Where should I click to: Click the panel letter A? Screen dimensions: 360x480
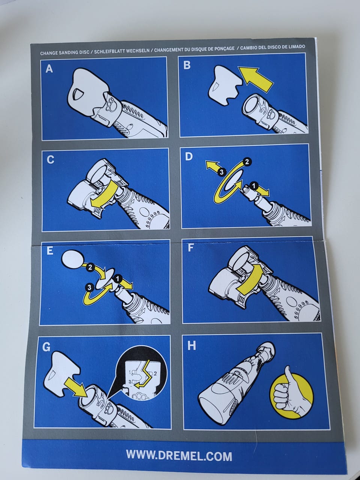[49, 69]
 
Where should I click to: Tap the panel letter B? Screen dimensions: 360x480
[187, 65]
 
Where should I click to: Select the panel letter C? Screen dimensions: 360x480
[50, 160]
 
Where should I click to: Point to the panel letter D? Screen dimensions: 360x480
[189, 157]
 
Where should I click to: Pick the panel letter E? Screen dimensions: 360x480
[50, 251]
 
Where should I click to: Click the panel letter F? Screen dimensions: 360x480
[191, 248]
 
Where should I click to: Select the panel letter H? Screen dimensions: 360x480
[192, 346]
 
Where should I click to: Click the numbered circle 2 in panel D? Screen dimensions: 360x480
[247, 162]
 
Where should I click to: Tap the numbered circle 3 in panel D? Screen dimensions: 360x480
[222, 172]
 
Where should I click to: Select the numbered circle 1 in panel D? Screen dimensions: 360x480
[254, 186]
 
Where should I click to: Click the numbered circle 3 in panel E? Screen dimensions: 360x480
[89, 288]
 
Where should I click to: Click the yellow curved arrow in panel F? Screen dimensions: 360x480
[251, 279]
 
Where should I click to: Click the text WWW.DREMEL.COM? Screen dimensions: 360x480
[179, 454]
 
